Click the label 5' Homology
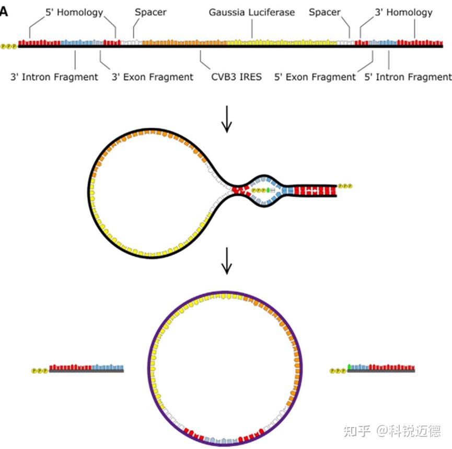tap(73, 12)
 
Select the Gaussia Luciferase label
tap(252, 12)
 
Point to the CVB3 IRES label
tap(236, 77)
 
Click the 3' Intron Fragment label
tap(54, 77)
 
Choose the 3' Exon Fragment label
tap(153, 77)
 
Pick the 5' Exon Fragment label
tap(315, 77)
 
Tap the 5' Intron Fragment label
tap(408, 77)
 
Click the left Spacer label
tap(150, 12)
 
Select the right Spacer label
tap(324, 12)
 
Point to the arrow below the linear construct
tap(226, 120)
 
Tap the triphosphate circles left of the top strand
tap(9, 46)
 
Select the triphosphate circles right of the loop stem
tap(345, 186)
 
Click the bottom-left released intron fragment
tap(86, 368)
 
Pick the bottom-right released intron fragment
tap(381, 368)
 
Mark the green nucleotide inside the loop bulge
tap(268, 190)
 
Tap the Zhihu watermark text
tap(392, 431)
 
